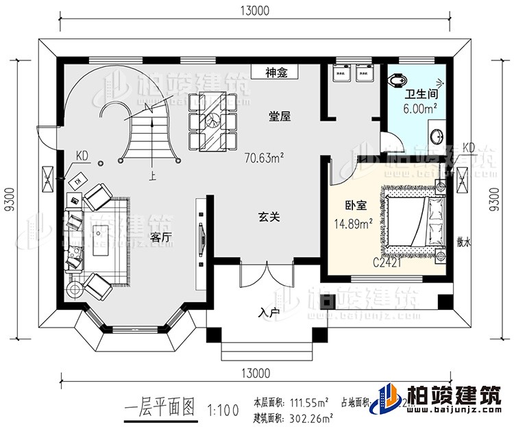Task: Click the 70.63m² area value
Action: (264, 158)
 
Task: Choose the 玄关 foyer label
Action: (269, 217)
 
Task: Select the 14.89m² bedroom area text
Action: (352, 223)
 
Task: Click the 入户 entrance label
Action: (269, 313)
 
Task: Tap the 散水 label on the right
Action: (463, 242)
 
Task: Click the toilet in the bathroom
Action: (396, 82)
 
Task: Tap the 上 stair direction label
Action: (151, 176)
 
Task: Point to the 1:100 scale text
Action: (221, 411)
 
